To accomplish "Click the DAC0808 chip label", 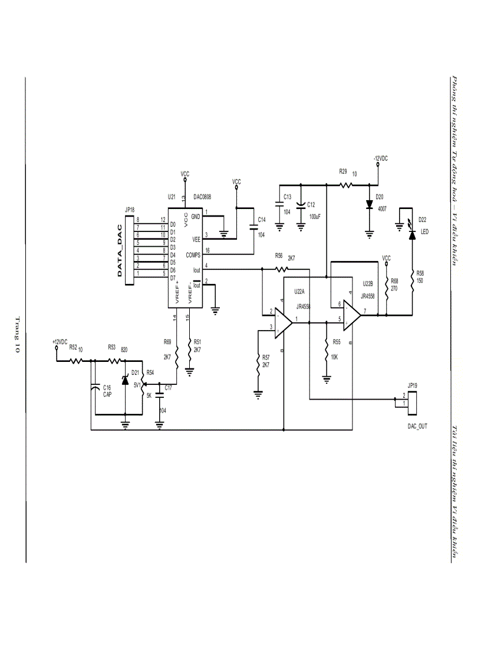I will (x=203, y=197).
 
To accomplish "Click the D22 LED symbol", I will (x=413, y=235).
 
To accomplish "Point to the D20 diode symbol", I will (x=370, y=205).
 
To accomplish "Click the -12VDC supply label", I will (x=380, y=159).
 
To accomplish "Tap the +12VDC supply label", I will (x=60, y=342).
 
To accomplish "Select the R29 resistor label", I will (x=343, y=171).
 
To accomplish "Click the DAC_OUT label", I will (x=417, y=425).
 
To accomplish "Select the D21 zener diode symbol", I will (x=125, y=381).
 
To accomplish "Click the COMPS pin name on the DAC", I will (x=193, y=255).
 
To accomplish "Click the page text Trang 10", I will (x=17, y=335).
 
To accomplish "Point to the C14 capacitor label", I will (x=262, y=220).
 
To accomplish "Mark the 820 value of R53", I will (x=124, y=350).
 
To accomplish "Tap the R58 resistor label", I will (x=420, y=273).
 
